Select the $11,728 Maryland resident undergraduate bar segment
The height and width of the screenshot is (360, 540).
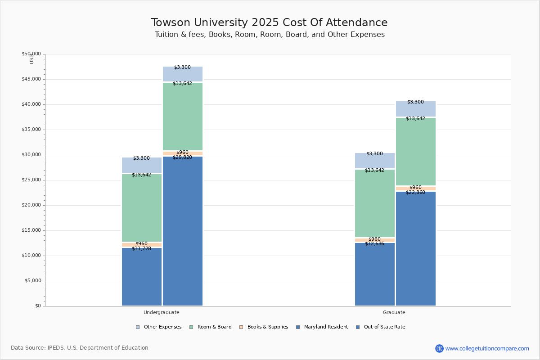coord(142,277)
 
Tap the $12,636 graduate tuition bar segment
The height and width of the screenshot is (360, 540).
coord(375,274)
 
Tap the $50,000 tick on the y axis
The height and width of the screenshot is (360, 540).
coord(31,54)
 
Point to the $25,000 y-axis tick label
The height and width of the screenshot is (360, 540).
coord(31,180)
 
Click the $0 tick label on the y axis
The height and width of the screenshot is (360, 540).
coord(37,306)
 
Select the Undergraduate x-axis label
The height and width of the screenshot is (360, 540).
coord(162,312)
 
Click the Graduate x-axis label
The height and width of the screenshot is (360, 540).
coord(394,312)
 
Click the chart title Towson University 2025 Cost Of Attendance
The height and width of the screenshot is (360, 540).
coord(269,23)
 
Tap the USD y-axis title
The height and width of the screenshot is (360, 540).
coord(31,59)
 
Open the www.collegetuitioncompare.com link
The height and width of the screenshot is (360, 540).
coord(487,348)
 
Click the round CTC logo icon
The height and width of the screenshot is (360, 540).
coord(439,348)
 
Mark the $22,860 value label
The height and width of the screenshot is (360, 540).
coord(415,193)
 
